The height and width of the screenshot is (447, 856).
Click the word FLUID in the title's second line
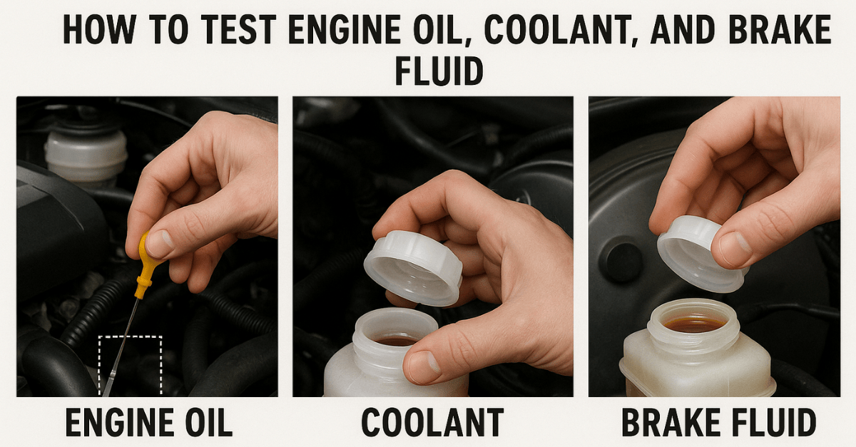pyautogui.click(x=439, y=71)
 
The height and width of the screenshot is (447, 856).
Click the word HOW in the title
pyautogui.click(x=99, y=30)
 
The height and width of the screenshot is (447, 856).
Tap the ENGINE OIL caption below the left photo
pyautogui.click(x=148, y=422)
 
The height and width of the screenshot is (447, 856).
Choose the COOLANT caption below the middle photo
pyautogui.click(x=432, y=422)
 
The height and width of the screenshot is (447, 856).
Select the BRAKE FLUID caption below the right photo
pyautogui.click(x=718, y=422)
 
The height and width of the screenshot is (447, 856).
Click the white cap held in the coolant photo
pyautogui.click(x=413, y=267)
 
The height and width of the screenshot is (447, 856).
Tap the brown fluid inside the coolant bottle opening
pyautogui.click(x=395, y=341)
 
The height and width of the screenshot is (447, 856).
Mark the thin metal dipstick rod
pyautogui.click(x=121, y=347)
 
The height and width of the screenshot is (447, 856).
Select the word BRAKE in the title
pyautogui.click(x=780, y=30)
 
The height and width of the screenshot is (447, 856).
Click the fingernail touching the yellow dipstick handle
pyautogui.click(x=160, y=243)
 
